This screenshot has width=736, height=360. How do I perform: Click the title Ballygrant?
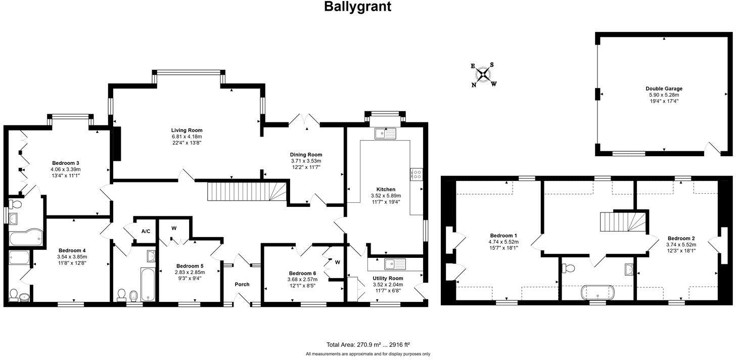tap(357, 7)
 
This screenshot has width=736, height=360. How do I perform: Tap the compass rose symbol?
tap(484, 75)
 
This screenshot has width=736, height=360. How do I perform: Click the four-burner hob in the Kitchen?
tap(418, 174)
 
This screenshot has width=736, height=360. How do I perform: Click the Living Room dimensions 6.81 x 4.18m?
tap(187, 137)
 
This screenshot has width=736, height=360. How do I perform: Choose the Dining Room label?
tap(306, 155)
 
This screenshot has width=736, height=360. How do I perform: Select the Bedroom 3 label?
tap(65, 163)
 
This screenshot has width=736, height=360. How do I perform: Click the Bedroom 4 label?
tap(72, 250)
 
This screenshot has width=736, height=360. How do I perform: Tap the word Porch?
tap(242, 284)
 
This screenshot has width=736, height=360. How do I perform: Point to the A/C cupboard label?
tap(146, 231)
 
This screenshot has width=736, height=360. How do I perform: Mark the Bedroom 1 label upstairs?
tap(503, 236)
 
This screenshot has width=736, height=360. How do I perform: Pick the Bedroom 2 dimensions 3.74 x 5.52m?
tap(681, 245)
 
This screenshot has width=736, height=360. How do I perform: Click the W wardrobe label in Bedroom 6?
tap(337, 261)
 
